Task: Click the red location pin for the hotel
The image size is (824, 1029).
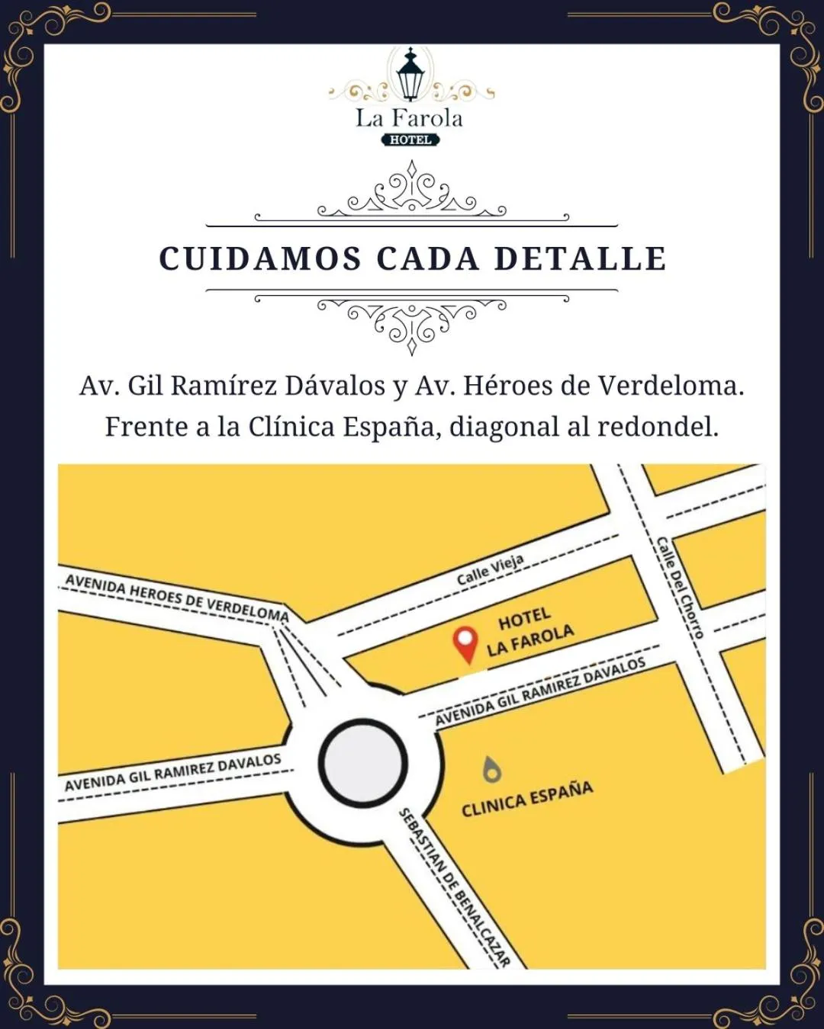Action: coord(465,643)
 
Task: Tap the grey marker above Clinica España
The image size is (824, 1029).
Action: coord(492,770)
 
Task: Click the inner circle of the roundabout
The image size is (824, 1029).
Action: coord(362,763)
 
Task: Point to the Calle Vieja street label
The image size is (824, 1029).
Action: coord(491,570)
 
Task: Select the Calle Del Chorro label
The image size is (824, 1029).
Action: coord(680,587)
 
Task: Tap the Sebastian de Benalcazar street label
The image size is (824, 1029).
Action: coord(455,887)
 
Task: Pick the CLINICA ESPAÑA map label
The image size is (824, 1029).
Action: coord(527,798)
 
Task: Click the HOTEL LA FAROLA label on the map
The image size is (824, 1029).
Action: coord(529,632)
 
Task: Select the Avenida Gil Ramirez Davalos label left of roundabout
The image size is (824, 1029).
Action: coord(173,772)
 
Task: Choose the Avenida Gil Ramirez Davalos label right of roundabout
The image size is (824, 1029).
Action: coord(540,691)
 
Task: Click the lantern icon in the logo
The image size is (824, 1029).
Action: coord(410,75)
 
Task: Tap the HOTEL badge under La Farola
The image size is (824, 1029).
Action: coord(410,139)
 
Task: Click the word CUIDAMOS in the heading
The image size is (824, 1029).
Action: coord(260,258)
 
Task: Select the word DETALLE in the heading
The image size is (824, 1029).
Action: coord(580,258)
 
